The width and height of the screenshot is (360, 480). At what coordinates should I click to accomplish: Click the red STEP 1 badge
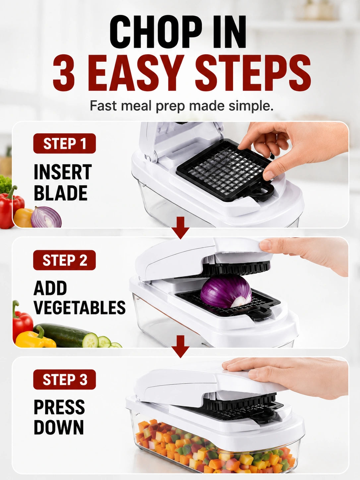pos(65,144)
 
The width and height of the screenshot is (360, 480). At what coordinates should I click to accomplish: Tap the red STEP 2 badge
pos(65,260)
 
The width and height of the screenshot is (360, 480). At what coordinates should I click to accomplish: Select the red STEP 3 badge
pos(65,380)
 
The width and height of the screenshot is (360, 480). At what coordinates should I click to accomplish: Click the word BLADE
pos(61,193)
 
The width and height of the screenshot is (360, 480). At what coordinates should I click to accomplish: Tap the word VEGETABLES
pos(80,307)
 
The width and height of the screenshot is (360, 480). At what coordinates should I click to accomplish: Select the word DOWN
pos(59,427)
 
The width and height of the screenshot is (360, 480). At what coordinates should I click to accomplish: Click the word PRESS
pos(59,407)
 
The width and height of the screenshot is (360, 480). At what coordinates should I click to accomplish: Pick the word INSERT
pos(63,172)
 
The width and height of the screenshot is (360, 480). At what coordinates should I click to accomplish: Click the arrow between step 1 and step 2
pos(180,228)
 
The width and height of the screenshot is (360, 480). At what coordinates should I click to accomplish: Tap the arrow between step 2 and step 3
pos(180,346)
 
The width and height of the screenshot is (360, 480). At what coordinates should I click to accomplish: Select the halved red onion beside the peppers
pos(46,217)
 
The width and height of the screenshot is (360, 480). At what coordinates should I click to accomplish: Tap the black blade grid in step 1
pos(225,171)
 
